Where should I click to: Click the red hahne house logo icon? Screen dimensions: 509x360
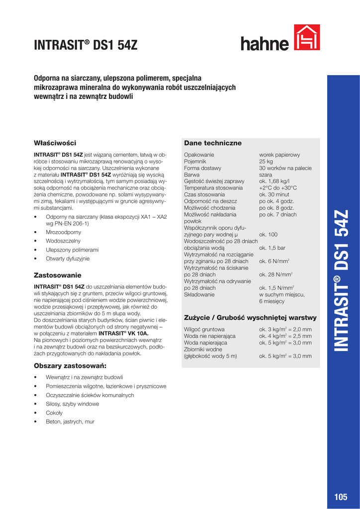click(x=307, y=38)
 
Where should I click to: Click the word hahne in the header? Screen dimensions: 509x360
click(x=265, y=44)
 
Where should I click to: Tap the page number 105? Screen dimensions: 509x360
click(x=341, y=498)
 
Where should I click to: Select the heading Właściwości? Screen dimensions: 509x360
click(x=54, y=143)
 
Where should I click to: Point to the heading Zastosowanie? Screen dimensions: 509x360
click(x=57, y=275)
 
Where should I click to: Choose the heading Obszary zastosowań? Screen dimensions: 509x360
click(x=68, y=366)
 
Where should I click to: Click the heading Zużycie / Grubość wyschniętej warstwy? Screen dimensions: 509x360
click(x=250, y=318)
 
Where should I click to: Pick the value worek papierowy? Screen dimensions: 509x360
click(x=279, y=155)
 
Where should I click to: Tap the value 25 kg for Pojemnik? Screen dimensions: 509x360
click(x=266, y=162)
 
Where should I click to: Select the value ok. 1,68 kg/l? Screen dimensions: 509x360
click(x=274, y=181)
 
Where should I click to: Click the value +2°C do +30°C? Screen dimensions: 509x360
click(x=277, y=188)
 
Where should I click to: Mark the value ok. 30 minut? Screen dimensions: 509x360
click(x=274, y=195)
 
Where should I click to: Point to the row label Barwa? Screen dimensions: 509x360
click(x=192, y=175)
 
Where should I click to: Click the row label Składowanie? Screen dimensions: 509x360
click(x=199, y=294)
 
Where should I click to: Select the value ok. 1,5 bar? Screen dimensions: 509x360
click(x=272, y=248)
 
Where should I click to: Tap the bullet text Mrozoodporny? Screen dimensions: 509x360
click(x=63, y=232)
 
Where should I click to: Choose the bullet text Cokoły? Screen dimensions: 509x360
click(x=54, y=413)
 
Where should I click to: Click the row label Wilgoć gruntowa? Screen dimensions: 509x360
click(x=204, y=329)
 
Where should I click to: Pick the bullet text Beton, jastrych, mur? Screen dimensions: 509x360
click(x=70, y=422)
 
